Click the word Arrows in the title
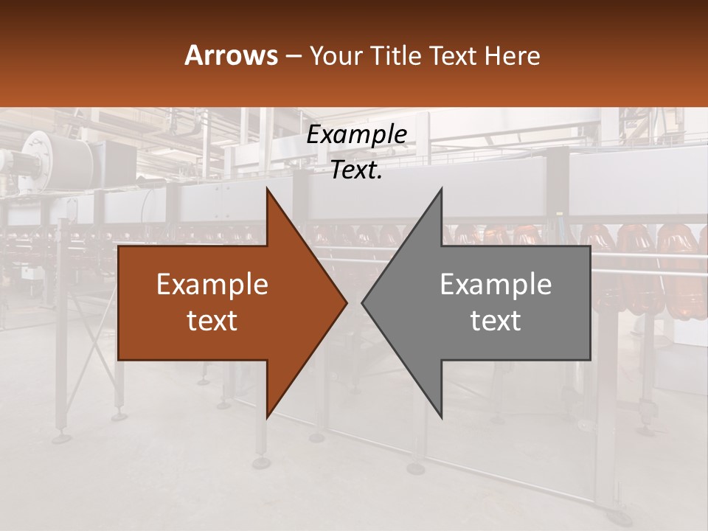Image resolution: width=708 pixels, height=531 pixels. pyautogui.click(x=231, y=55)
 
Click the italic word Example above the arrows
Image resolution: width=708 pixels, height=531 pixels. pyautogui.click(x=357, y=135)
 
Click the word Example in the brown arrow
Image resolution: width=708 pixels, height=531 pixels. pyautogui.click(x=212, y=285)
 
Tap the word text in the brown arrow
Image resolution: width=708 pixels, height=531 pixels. pyautogui.click(x=212, y=321)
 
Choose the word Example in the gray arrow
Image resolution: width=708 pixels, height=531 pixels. pyautogui.click(x=496, y=285)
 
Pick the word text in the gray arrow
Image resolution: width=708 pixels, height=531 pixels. pyautogui.click(x=496, y=321)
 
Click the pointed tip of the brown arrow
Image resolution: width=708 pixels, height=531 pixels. pyautogui.click(x=346, y=302)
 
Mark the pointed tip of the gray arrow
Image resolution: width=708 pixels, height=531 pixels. pyautogui.click(x=363, y=302)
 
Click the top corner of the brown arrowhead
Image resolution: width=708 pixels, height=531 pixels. pyautogui.click(x=267, y=190)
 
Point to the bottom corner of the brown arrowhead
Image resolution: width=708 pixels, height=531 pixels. pyautogui.click(x=267, y=417)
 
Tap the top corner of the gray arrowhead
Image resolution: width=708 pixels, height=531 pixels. pyautogui.click(x=441, y=190)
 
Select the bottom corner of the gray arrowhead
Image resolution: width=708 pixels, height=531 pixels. pyautogui.click(x=441, y=417)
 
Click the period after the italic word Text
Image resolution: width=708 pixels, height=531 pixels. pyautogui.click(x=379, y=177)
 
